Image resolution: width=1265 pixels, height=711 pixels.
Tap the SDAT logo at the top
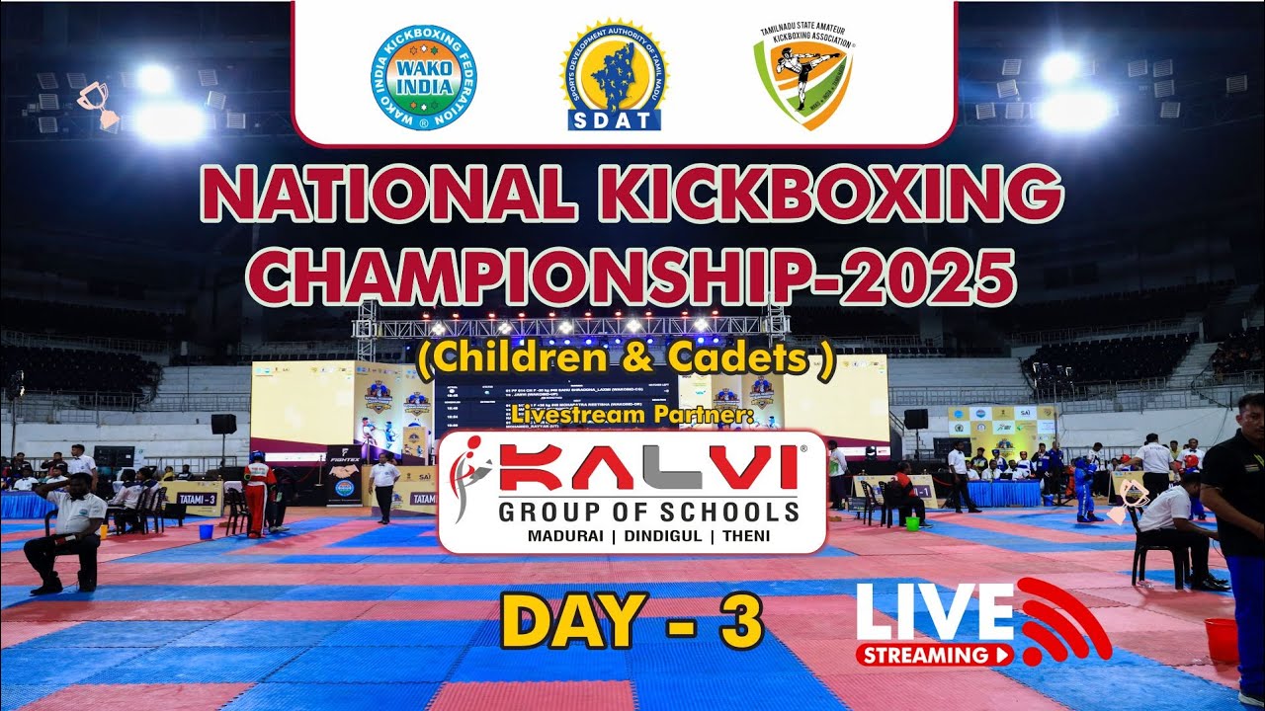(x=614, y=76)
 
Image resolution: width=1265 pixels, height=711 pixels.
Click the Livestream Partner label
(x=632, y=417)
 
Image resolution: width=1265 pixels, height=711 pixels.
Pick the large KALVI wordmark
(x=647, y=467)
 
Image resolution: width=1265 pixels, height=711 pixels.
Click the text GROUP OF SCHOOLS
(x=647, y=512)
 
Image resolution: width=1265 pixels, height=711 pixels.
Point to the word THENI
(x=747, y=536)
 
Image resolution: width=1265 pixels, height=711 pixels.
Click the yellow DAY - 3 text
(x=632, y=620)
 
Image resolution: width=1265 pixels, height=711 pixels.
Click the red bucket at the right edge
(x=1222, y=640)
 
